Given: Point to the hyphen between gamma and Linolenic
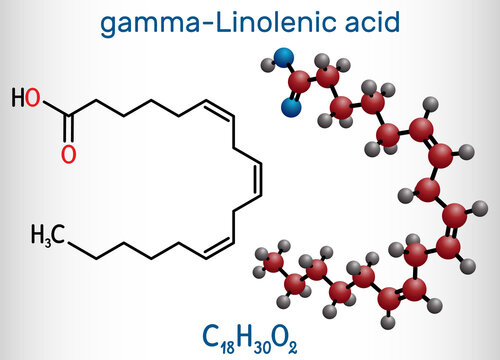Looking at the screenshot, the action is (x=208, y=24).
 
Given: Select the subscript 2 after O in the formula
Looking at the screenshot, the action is (x=292, y=348).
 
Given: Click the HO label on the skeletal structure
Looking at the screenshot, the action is (x=26, y=98).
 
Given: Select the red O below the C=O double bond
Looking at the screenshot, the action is (x=69, y=154).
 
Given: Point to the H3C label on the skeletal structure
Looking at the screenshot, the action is (x=48, y=235).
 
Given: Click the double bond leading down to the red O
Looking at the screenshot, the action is (x=69, y=129).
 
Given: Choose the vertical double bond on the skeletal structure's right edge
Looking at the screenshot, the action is (x=258, y=179).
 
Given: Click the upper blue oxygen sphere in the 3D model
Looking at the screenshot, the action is (x=284, y=58).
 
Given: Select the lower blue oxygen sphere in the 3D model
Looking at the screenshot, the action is (x=291, y=107).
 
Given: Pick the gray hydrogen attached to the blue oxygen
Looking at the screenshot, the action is (x=267, y=64).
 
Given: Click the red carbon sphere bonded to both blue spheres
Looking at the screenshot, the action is (x=299, y=82).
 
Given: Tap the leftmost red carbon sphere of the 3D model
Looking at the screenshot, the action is (x=273, y=262).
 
